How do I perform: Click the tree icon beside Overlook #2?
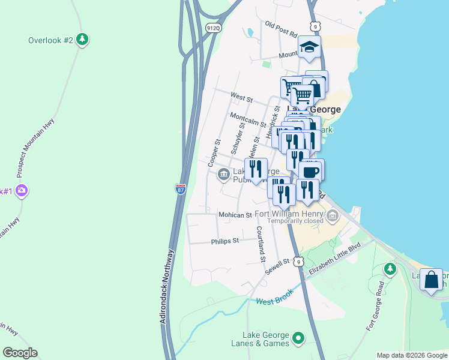tap(82, 40)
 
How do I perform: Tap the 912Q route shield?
tap(212, 28)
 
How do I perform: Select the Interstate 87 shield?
tap(181, 188)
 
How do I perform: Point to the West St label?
tap(241, 97)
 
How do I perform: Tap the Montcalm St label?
tap(248, 119)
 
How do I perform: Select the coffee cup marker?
tap(311, 171)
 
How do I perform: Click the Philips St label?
tap(225, 241)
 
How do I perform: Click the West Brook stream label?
tap(274, 301)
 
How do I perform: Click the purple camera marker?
tap(22, 191)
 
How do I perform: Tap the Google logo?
tap(20, 353)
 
